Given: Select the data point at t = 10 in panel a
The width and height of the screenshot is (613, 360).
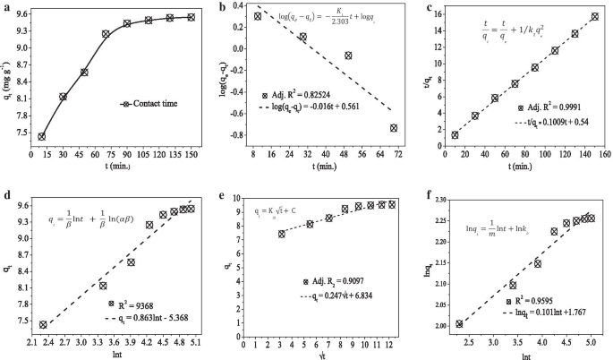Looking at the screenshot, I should coord(42,137).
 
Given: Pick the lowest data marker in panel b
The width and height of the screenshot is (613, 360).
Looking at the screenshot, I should coord(393,128).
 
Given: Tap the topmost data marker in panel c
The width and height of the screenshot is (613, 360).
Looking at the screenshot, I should coord(594,16).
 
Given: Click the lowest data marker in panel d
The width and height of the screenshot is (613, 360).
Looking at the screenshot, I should coord(43,324).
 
